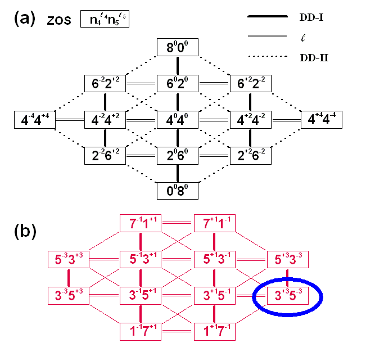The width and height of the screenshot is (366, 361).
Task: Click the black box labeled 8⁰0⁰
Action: point(178,48)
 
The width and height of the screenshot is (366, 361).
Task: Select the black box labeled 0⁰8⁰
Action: point(178,190)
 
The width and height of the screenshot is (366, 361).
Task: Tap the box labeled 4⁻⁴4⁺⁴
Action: point(35,119)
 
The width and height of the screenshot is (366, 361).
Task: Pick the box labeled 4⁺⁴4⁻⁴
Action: point(323,119)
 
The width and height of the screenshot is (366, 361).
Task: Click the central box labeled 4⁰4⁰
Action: point(178,119)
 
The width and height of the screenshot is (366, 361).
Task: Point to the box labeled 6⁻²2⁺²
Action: point(106,84)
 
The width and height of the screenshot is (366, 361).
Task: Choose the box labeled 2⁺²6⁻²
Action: point(251,155)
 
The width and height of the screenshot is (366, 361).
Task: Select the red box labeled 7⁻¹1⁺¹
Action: point(141,224)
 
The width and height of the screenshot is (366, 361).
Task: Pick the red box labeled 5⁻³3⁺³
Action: point(69,259)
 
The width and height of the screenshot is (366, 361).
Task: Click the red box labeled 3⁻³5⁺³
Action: point(69,295)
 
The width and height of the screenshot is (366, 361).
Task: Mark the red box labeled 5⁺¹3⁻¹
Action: point(214,259)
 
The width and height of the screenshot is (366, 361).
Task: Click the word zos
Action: point(60,20)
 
